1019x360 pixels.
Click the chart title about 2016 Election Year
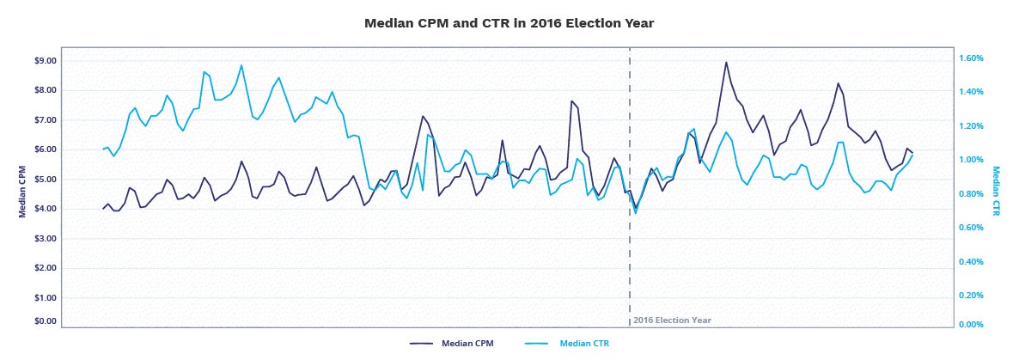pyautogui.click(x=509, y=23)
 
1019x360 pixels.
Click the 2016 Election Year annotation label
pyautogui.click(x=673, y=320)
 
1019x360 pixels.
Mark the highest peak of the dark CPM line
pyautogui.click(x=726, y=62)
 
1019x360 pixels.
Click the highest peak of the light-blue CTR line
pyautogui.click(x=241, y=65)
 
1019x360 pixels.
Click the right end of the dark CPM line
pyautogui.click(x=912, y=152)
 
